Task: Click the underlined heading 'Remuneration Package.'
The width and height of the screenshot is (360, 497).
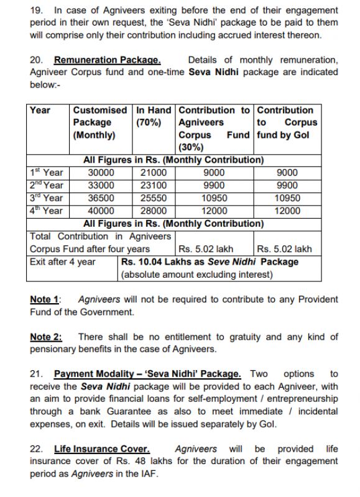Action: (x=108, y=60)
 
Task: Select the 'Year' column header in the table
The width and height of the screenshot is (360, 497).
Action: (x=40, y=110)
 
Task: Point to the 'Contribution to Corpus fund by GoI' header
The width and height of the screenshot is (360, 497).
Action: (x=286, y=122)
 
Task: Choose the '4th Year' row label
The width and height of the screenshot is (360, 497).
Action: (x=47, y=211)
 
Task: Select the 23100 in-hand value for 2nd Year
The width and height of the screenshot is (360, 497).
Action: (x=154, y=186)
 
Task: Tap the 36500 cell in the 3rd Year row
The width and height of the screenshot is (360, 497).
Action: (x=101, y=198)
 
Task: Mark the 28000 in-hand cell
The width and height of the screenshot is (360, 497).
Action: (x=154, y=211)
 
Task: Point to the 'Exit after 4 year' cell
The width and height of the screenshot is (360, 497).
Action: (x=63, y=262)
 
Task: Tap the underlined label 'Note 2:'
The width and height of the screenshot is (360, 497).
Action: (x=46, y=337)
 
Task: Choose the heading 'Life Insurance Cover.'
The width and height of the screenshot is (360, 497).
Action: (x=102, y=449)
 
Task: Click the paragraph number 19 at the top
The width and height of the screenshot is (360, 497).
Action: (x=35, y=11)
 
